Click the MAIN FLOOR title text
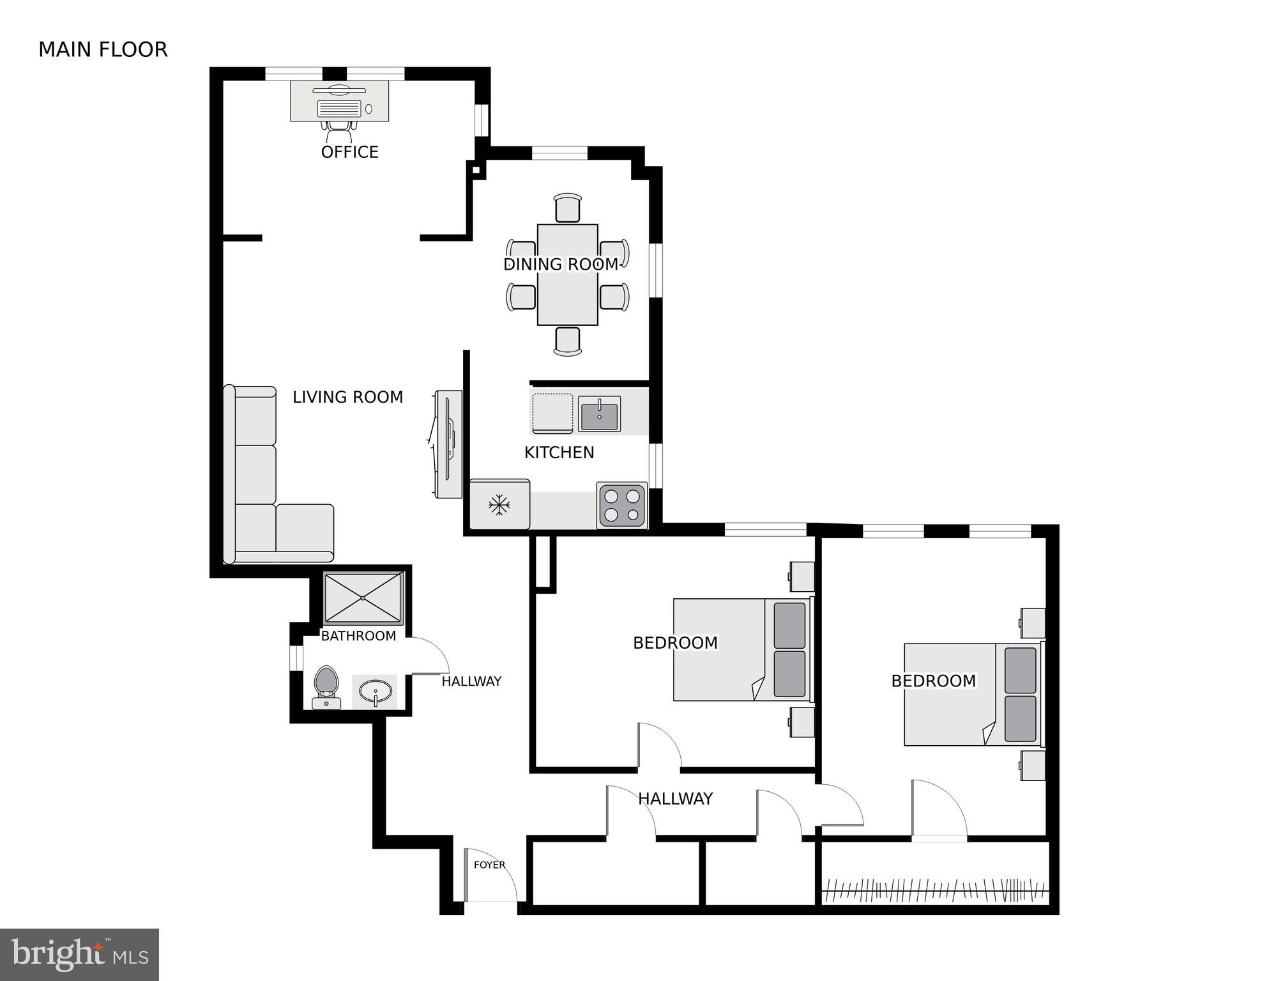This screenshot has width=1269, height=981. [103, 49]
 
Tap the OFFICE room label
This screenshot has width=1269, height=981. [349, 152]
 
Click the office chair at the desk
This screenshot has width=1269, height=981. [339, 132]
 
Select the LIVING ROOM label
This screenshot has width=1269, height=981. [347, 397]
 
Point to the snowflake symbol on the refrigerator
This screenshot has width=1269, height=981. [499, 506]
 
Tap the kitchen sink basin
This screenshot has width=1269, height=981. [599, 414]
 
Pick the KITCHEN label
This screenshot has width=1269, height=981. [559, 452]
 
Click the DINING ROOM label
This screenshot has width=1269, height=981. [561, 264]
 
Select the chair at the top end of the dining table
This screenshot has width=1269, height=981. [567, 208]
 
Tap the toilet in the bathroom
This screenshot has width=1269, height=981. [326, 686]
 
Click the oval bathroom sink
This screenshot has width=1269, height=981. [376, 691]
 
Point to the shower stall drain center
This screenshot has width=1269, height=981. [363, 598]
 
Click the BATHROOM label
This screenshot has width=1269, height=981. [358, 636]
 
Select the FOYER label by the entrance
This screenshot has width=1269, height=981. [489, 865]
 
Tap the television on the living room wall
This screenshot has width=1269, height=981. [448, 444]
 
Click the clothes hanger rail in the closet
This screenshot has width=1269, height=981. [935, 888]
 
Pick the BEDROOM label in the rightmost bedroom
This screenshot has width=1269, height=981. [933, 681]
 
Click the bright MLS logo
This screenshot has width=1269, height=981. [79, 954]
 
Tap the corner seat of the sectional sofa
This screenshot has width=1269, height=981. [255, 532]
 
